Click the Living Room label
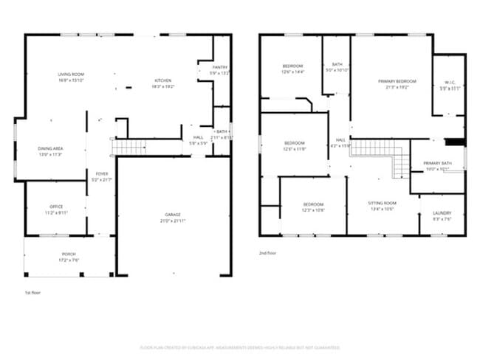click(72, 75)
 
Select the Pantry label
click(219, 67)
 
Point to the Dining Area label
click(50, 148)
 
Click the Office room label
click(56, 207)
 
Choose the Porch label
click(69, 255)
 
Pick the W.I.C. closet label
click(450, 82)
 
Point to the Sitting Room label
click(383, 202)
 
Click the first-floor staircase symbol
click(130, 148)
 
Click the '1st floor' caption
click(32, 293)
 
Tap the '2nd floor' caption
click(267, 253)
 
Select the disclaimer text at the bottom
click(240, 347)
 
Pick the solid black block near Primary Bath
click(456, 142)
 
